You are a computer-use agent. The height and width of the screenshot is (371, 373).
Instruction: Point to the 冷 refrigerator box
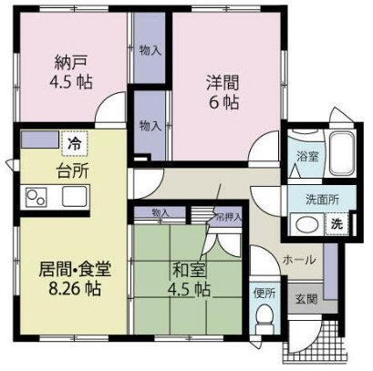pyautogui.click(x=71, y=143)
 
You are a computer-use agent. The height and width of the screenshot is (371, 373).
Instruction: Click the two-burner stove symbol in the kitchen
pyautogui.click(x=38, y=196)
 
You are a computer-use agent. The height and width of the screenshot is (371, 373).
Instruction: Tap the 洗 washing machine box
pyautogui.click(x=337, y=223)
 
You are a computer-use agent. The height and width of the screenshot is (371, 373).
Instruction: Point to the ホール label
pyautogui.click(x=298, y=260)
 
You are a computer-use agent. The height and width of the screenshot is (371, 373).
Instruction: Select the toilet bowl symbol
pyautogui.click(x=264, y=319)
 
